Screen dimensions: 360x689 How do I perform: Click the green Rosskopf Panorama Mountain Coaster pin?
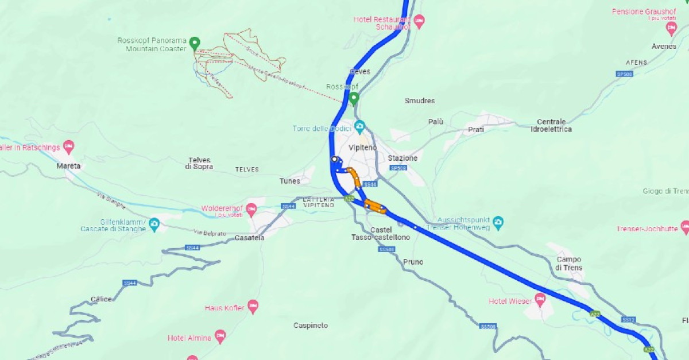tap(195, 42)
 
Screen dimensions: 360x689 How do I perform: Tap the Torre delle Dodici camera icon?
tap(359, 126)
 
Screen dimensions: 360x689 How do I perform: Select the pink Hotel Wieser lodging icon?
tap(540, 299)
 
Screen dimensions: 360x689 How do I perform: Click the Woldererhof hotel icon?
tap(251, 208)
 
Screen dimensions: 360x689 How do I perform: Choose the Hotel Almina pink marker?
tap(220, 335)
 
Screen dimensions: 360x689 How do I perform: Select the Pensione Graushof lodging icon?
tap(671, 27)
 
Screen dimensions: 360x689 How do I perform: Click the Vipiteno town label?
tap(363, 148)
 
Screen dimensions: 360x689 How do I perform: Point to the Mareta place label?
tap(68, 166)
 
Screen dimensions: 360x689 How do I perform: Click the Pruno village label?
tap(413, 262)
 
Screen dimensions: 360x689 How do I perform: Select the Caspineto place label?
tap(311, 326)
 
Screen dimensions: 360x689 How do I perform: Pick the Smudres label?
tap(420, 100)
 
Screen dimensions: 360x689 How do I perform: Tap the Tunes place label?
tap(289, 181)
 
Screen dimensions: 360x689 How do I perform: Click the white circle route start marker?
tap(334, 159)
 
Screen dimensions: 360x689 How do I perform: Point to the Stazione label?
tap(402, 158)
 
